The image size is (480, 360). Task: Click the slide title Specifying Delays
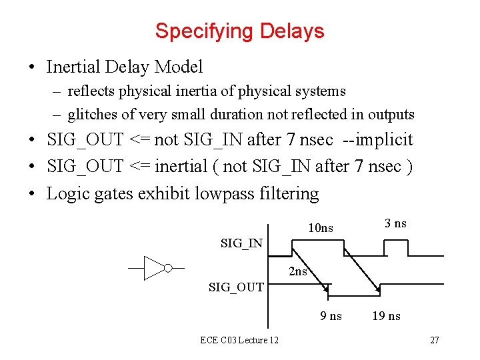coord(239,31)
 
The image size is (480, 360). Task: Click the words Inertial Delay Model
coord(125,67)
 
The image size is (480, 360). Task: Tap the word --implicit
coord(377,140)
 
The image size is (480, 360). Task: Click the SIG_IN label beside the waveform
coord(241,243)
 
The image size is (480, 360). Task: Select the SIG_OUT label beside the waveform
coord(236,287)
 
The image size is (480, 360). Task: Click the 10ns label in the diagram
coord(321,229)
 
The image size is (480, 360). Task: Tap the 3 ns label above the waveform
coord(395,223)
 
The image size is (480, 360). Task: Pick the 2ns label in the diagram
coord(298,271)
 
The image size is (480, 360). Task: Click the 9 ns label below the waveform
coord(331,316)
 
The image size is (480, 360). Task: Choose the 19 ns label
coord(387,316)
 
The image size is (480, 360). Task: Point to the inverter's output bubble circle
coord(168,268)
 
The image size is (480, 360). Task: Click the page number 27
coord(434,341)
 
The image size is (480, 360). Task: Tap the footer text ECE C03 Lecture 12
coord(239,341)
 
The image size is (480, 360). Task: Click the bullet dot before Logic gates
coord(32,195)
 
